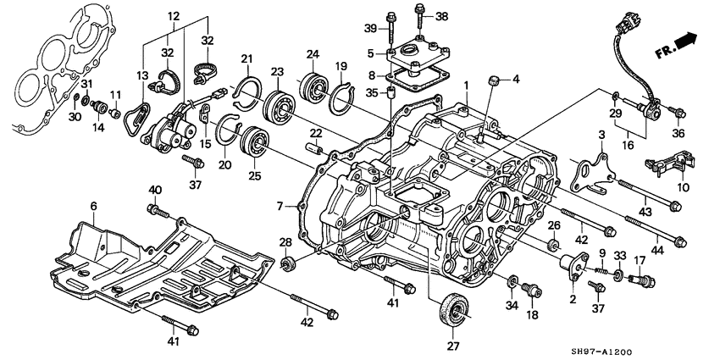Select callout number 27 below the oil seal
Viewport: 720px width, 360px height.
tap(452, 346)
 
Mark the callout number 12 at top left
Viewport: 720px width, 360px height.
tap(174, 17)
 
